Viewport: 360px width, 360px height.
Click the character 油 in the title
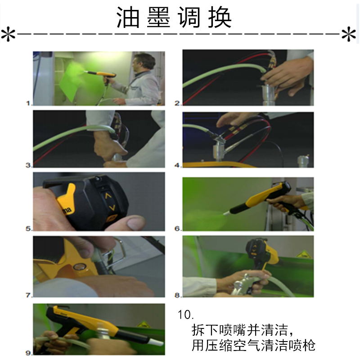pos(128,17)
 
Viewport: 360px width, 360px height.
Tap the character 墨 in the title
pos(158,17)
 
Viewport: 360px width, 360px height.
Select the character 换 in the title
pos(220,17)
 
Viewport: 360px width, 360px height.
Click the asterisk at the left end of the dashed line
pos(8,35)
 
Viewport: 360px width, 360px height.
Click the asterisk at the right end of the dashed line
pos(349,35)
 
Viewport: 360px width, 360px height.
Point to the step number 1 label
pos(28,103)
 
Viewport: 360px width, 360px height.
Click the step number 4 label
pos(177,165)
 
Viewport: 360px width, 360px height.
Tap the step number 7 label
pos(28,295)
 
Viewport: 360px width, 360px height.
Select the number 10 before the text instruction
pos(185,315)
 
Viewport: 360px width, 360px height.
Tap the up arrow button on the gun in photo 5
pos(108,196)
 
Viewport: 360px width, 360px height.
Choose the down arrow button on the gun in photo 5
pos(112,208)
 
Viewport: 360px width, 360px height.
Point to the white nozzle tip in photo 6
pos(227,212)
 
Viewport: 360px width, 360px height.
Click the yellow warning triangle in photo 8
pos(302,255)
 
